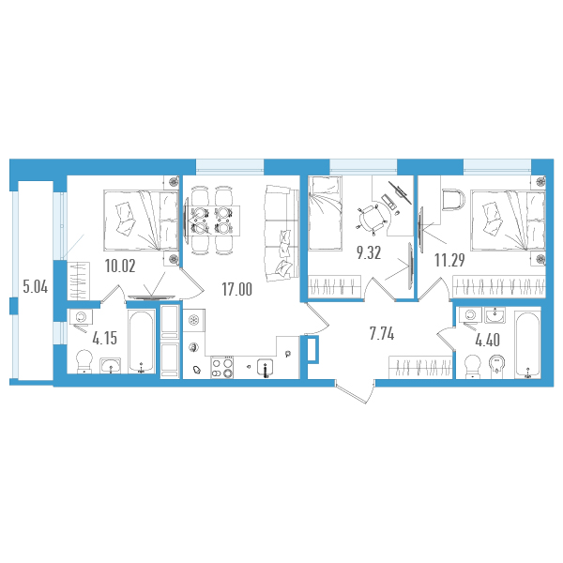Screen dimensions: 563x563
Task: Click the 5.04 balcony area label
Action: tap(36, 287)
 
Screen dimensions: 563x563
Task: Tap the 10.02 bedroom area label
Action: tap(120, 266)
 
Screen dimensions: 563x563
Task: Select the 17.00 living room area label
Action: tap(237, 289)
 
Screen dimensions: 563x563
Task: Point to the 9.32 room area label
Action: tap(369, 252)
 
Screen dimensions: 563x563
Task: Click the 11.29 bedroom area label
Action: tap(449, 260)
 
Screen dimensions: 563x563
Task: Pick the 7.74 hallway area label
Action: tap(382, 334)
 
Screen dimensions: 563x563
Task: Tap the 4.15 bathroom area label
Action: tap(104, 338)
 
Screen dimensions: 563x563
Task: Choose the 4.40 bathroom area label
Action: tap(487, 340)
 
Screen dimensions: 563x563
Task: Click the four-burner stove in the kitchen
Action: tap(222, 367)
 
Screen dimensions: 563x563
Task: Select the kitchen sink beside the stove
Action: tap(265, 368)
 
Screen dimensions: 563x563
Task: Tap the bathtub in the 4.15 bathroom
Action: tap(142, 342)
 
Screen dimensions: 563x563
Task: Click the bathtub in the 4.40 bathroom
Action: tap(527, 344)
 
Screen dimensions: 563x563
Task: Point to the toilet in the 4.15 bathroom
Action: tap(84, 361)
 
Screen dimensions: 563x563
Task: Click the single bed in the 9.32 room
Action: tap(326, 213)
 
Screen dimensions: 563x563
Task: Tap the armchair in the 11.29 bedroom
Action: tap(454, 201)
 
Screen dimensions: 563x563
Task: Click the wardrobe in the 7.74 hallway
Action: tap(420, 367)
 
